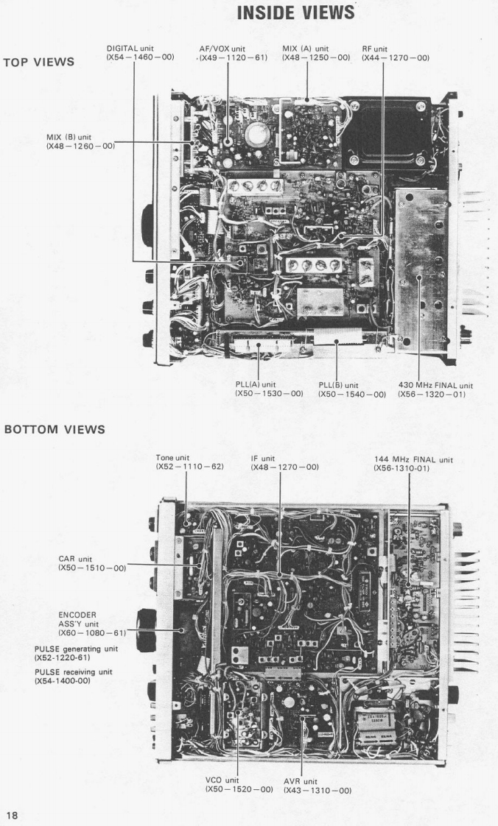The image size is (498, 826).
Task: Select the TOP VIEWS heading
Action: [x=39, y=63]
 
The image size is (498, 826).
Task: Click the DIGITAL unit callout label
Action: [x=141, y=53]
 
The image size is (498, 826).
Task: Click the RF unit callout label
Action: [x=395, y=53]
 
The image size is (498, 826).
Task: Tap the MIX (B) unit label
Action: [x=80, y=141]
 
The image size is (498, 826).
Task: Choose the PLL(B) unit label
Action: [x=351, y=389]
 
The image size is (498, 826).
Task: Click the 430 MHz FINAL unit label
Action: [x=435, y=389]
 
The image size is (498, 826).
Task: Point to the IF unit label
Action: [x=284, y=462]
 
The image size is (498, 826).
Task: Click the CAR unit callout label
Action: [x=91, y=563]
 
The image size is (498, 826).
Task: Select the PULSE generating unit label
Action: [x=76, y=652]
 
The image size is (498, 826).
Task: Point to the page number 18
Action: [x=13, y=814]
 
